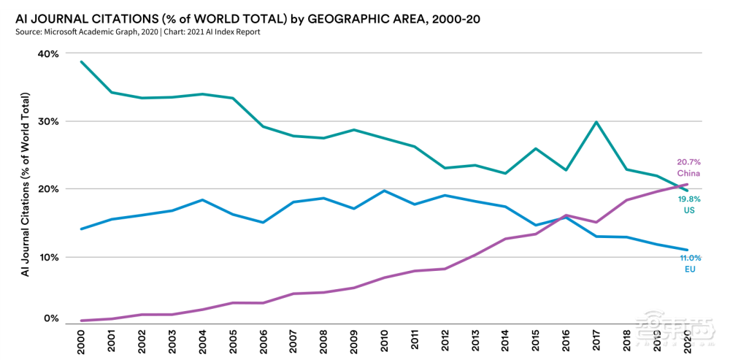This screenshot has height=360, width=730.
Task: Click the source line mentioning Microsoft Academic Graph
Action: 137,32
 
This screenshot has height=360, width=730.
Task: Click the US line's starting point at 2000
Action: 80,61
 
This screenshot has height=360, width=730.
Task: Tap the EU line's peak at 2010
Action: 384,191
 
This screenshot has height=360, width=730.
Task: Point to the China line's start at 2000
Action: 80,321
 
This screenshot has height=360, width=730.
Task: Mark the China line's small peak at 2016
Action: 566,215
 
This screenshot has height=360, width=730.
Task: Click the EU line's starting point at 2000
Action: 80,229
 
